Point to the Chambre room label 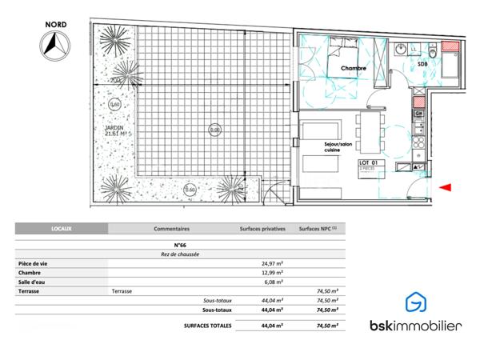point(353,69)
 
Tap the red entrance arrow point(446,187)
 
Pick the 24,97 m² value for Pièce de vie point(274,263)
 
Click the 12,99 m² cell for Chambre point(274,273)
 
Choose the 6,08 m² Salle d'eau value point(274,282)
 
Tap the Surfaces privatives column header point(262,229)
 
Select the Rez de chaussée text point(179,254)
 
